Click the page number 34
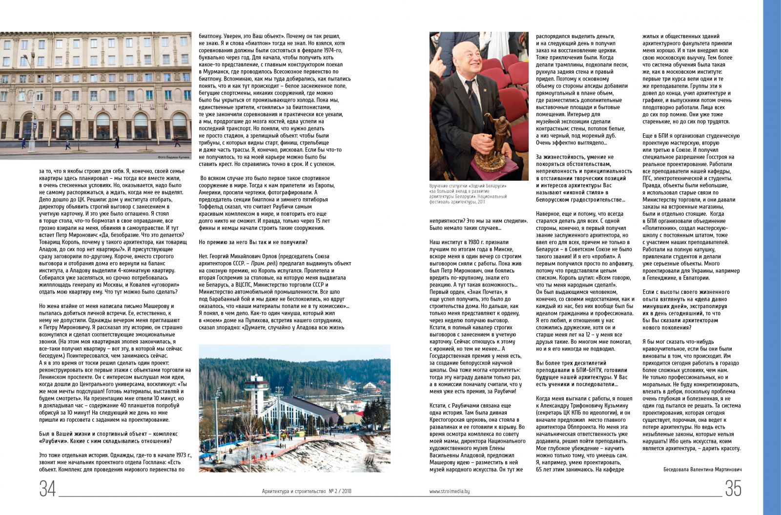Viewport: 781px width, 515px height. tap(47, 489)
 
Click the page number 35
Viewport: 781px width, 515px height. tap(733, 489)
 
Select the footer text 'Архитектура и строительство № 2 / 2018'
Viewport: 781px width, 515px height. tap(306, 492)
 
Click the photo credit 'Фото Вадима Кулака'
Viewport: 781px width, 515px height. tap(173, 157)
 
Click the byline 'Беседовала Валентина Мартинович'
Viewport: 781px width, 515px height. tap(702, 470)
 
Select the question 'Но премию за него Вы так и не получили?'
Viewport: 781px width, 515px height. tap(253, 242)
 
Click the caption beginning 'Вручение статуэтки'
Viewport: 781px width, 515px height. tap(468, 193)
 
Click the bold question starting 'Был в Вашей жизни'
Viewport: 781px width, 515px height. tap(108, 437)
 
